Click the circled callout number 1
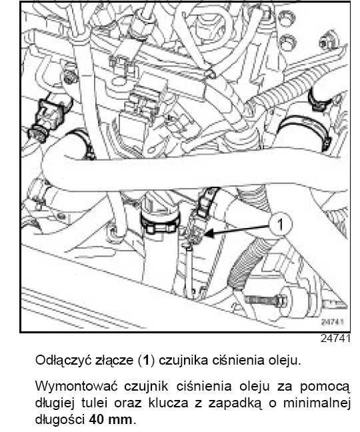[280, 225]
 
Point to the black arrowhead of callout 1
[209, 233]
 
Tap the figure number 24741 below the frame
[335, 338]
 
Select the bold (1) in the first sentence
[146, 361]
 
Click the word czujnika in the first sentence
[183, 361]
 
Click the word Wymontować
[77, 386]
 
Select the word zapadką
[234, 403]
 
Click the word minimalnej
[317, 403]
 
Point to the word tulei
[94, 403]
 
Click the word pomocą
[325, 387]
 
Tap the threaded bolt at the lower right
[265, 300]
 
